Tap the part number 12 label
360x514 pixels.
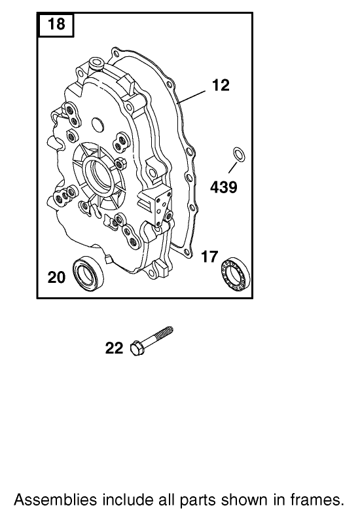(221, 85)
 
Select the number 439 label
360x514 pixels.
(223, 188)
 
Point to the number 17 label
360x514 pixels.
(209, 257)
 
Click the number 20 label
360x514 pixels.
(57, 278)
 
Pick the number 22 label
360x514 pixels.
(114, 348)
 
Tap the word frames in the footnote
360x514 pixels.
(319, 500)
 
